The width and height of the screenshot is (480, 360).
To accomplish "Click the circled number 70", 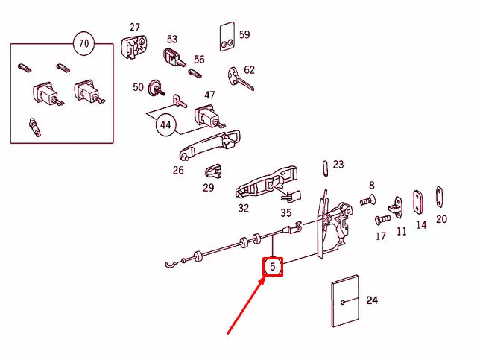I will click(83, 44).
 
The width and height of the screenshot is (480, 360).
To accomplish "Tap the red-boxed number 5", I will click(273, 266).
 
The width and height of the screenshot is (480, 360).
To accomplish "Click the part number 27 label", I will click(134, 28).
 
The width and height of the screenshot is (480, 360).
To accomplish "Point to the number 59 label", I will click(244, 34).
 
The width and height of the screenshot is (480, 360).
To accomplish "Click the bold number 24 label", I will click(373, 300).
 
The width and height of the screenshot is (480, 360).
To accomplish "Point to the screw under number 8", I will click(367, 200).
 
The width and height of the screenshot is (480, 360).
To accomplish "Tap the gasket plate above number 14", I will click(417, 199).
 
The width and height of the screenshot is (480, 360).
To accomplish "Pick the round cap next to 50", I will click(157, 88).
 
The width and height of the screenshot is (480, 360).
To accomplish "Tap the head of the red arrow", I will click(263, 279).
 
